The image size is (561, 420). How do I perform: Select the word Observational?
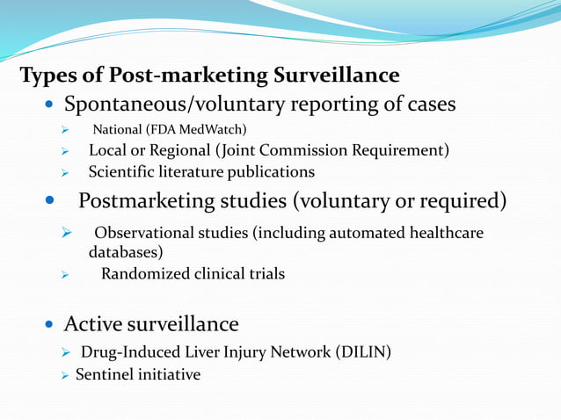150,233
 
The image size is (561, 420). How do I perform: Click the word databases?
124,252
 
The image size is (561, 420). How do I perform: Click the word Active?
91,324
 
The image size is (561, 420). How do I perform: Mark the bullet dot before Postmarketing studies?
50,202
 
